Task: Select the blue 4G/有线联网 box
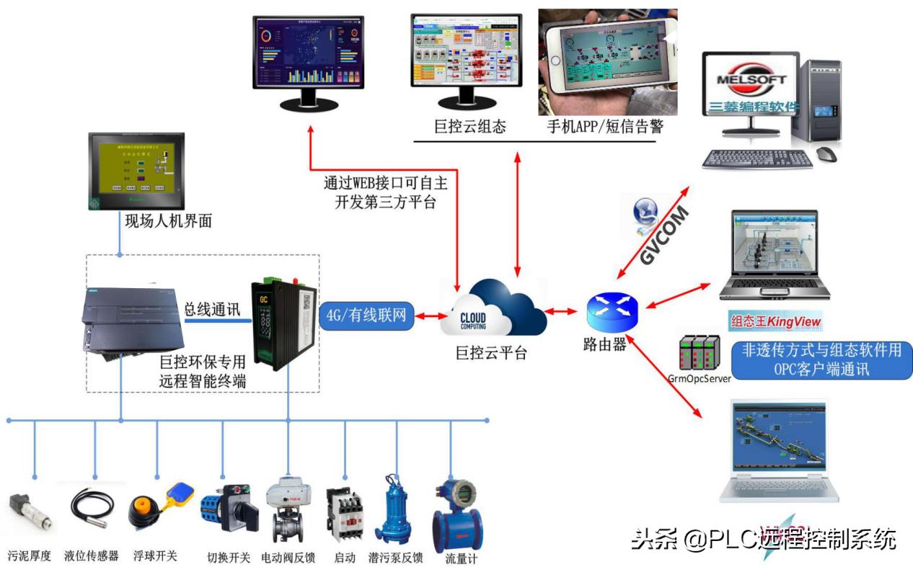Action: [366, 316]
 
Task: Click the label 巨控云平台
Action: [491, 353]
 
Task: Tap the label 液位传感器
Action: [92, 555]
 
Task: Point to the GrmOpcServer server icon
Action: [699, 354]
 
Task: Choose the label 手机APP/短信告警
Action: [604, 127]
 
